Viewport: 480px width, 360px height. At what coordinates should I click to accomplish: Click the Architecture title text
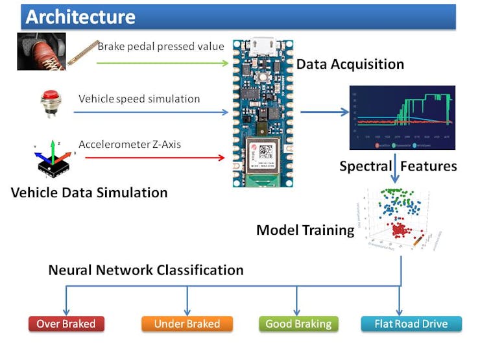[x=80, y=16]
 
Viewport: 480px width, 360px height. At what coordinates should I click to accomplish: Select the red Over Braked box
[x=66, y=324]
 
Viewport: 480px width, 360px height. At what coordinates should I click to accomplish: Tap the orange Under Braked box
[x=187, y=324]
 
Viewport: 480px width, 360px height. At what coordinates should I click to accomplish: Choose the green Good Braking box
[x=298, y=324]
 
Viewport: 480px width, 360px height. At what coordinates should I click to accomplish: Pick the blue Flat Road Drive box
[x=411, y=324]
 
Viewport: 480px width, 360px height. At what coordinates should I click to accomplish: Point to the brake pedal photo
[x=41, y=52]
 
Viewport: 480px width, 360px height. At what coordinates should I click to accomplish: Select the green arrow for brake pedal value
[x=162, y=63]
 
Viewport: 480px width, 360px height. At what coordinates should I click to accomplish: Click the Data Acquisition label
[x=350, y=64]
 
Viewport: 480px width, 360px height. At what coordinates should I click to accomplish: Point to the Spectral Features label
[x=398, y=166]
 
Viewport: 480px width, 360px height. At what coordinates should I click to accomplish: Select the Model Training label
[x=305, y=230]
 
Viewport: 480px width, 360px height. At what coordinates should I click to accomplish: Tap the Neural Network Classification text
[x=146, y=269]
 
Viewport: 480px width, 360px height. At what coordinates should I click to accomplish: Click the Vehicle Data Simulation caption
[x=89, y=193]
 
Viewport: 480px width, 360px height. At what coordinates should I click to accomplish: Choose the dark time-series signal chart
[x=402, y=117]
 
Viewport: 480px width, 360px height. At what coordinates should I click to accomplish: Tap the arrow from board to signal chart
[x=324, y=112]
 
